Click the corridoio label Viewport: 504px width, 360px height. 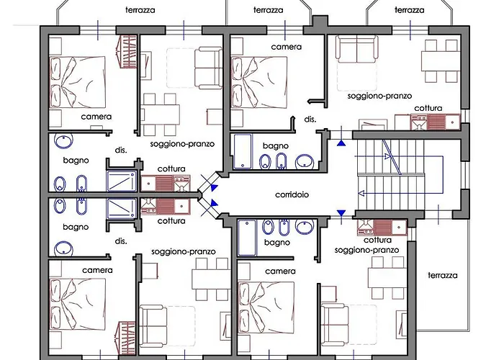coord(293,195)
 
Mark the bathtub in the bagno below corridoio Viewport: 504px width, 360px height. coord(248,238)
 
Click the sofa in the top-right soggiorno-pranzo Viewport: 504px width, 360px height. coord(357,51)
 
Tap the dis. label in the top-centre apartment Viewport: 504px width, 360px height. coord(310,120)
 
